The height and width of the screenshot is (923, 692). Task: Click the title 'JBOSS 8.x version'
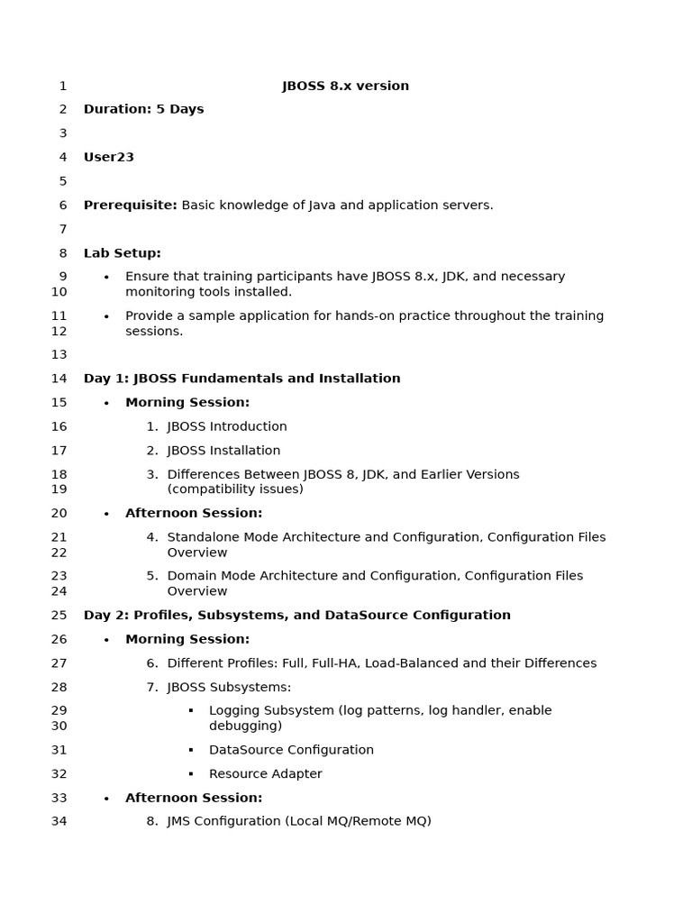pyautogui.click(x=345, y=87)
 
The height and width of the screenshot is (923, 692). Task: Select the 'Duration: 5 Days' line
pyautogui.click(x=143, y=109)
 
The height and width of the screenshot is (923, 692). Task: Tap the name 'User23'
pyautogui.click(x=109, y=157)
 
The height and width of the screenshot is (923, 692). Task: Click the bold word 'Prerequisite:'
pyautogui.click(x=131, y=206)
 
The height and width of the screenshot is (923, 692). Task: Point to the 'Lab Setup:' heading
pyautogui.click(x=123, y=253)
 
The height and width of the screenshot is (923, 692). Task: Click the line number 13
pyautogui.click(x=59, y=355)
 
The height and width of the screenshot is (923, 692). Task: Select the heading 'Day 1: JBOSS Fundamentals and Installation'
pyautogui.click(x=241, y=379)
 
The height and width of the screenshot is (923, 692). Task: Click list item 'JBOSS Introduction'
pyautogui.click(x=227, y=426)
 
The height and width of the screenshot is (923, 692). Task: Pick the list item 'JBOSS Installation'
pyautogui.click(x=223, y=451)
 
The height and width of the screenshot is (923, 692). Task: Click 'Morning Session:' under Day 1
pyautogui.click(x=187, y=403)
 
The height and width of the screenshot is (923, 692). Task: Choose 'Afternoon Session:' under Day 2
pyautogui.click(x=194, y=798)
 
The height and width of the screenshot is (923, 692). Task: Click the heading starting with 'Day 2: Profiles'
pyautogui.click(x=296, y=616)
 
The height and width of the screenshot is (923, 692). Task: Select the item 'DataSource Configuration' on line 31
pyautogui.click(x=291, y=750)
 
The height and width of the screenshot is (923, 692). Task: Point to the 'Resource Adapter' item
pyautogui.click(x=265, y=774)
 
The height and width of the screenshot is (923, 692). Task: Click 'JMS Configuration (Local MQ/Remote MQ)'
pyautogui.click(x=299, y=821)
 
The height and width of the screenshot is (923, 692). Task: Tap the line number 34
pyautogui.click(x=59, y=821)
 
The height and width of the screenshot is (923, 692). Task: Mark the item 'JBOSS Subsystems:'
pyautogui.click(x=229, y=688)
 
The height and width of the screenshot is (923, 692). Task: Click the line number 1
pyautogui.click(x=63, y=87)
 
